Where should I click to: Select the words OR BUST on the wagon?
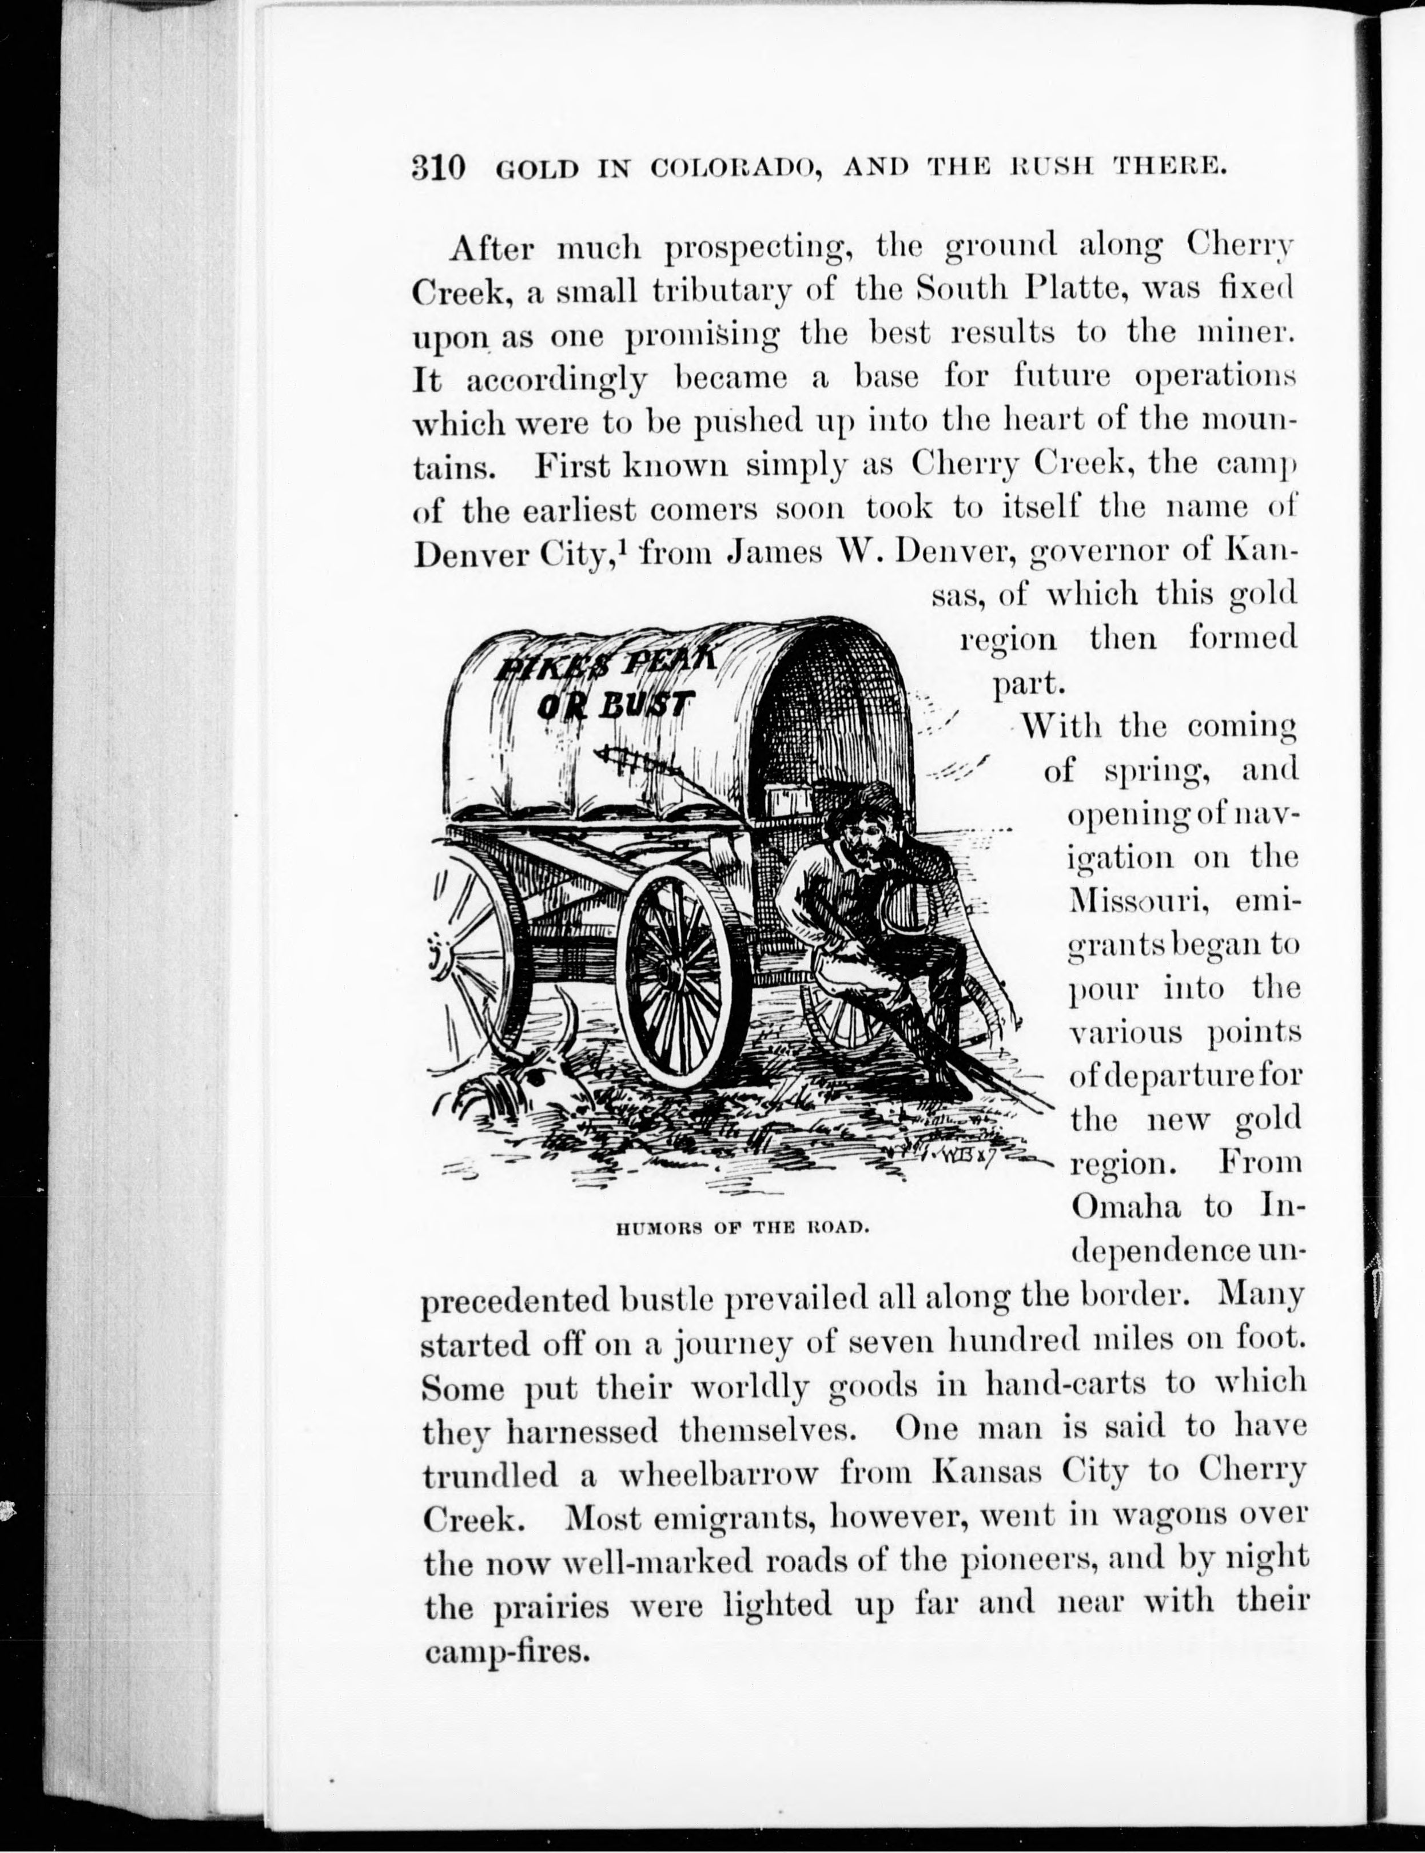(x=616, y=703)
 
